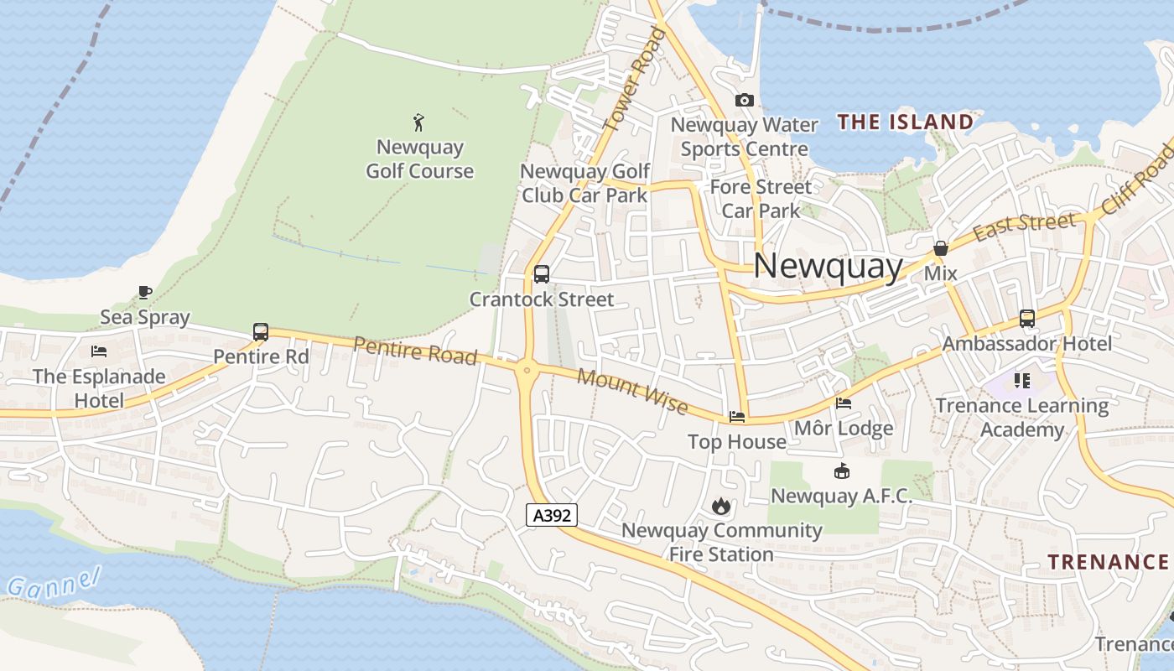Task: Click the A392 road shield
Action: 552,515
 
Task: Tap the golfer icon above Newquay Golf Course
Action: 419,122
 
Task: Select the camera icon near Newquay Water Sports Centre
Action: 744,100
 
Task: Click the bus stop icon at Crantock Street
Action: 542,273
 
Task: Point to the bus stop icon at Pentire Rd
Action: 261,331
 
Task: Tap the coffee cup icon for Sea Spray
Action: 145,292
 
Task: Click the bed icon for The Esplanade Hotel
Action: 99,351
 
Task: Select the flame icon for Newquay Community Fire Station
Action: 720,505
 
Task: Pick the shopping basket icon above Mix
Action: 941,248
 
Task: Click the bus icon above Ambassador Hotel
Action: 1027,318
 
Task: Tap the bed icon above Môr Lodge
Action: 844,403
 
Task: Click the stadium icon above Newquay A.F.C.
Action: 841,471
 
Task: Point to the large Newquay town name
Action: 829,266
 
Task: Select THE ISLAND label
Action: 906,122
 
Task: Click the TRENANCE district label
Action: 1108,562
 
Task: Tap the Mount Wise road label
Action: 632,391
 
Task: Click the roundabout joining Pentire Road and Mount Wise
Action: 527,368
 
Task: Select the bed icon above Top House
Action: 737,416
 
